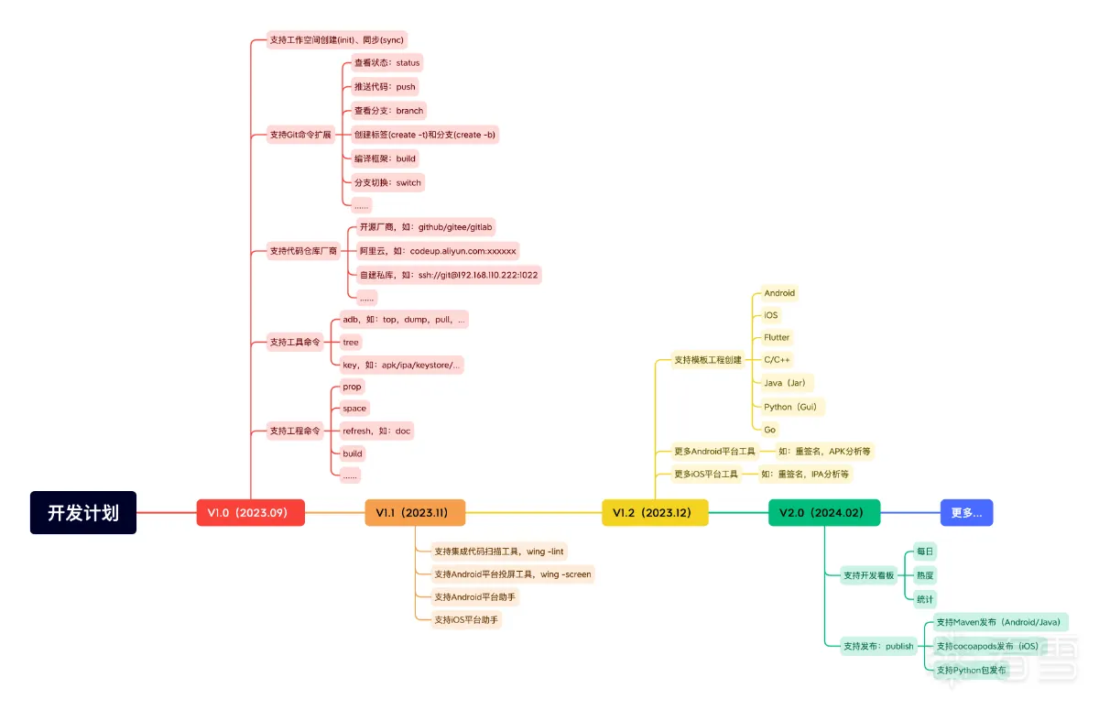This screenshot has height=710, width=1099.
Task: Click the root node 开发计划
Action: pos(83,512)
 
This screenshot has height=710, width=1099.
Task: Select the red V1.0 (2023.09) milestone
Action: pos(250,513)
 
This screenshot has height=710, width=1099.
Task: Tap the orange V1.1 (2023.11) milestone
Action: pos(415,513)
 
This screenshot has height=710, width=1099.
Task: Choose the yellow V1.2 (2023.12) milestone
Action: pos(655,513)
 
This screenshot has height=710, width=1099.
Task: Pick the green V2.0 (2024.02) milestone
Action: pos(823,513)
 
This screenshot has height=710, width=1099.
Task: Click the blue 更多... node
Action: pos(966,513)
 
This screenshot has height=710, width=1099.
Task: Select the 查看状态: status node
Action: pos(386,63)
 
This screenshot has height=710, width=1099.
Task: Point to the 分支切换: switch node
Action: pos(387,182)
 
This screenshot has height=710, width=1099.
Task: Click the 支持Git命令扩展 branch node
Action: pos(300,135)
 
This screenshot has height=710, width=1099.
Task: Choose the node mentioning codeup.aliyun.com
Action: pos(438,250)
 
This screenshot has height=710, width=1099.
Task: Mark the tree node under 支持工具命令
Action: pos(351,342)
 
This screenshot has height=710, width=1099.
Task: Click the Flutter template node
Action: pos(777,337)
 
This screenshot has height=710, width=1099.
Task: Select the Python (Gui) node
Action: pos(789,407)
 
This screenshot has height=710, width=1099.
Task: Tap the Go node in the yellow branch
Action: pos(769,429)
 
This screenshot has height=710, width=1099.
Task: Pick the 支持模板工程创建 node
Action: pos(708,360)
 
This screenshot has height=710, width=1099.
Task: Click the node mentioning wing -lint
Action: pos(499,552)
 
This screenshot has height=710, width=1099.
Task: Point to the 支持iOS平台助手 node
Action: pos(466,620)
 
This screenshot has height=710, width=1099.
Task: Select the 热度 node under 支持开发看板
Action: pos(925,575)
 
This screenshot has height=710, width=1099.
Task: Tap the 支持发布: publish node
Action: pos(878,646)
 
